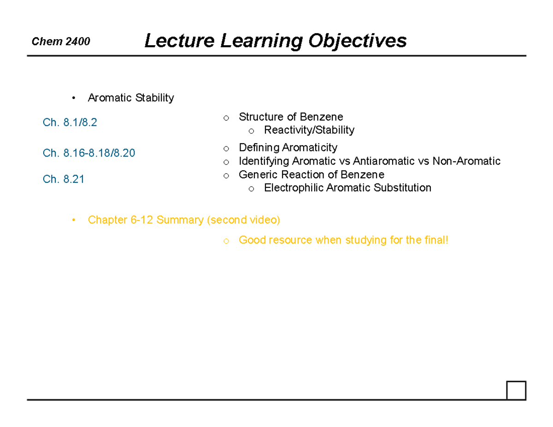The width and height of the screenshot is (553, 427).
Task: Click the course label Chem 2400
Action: click(x=61, y=42)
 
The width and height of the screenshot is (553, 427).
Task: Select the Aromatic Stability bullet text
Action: click(x=131, y=98)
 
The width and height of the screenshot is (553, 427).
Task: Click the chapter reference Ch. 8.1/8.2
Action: click(x=70, y=123)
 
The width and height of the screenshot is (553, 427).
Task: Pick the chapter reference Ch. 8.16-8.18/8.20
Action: click(x=89, y=153)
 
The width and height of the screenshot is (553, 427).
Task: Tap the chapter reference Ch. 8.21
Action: click(x=64, y=179)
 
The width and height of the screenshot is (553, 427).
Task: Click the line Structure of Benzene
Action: click(x=291, y=117)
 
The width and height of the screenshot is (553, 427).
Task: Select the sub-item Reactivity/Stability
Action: click(x=309, y=130)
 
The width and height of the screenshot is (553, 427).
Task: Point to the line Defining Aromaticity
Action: click(x=288, y=148)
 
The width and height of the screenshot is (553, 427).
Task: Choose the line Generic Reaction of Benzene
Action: click(x=312, y=175)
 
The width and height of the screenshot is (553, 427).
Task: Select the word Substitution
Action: click(x=403, y=188)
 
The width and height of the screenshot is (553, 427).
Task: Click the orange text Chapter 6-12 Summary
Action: click(x=146, y=220)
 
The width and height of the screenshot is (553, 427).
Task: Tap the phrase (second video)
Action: click(x=243, y=220)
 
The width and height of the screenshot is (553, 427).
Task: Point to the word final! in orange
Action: click(x=435, y=240)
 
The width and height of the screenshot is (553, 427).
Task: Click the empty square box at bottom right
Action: click(x=516, y=391)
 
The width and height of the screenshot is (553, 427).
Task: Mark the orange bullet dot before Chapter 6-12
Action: click(x=73, y=220)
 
